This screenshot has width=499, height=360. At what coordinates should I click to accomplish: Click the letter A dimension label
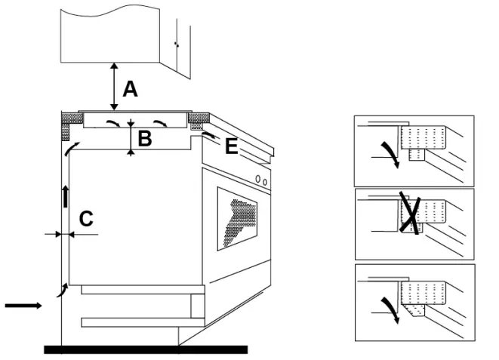[x=130, y=89]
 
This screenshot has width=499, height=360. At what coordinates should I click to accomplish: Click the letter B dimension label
[x=145, y=138]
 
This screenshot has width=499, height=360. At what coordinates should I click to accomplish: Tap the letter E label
[x=232, y=146]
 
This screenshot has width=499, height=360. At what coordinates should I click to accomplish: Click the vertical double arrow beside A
[x=113, y=86]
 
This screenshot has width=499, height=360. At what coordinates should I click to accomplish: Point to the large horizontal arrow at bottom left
[x=23, y=306]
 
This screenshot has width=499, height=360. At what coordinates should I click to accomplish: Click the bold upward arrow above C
[x=66, y=195]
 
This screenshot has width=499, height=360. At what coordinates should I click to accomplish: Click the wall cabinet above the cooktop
[x=125, y=34]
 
